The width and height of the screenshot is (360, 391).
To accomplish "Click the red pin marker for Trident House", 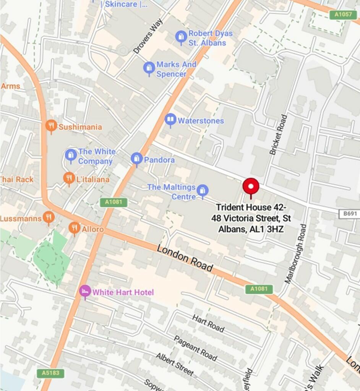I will pyautogui.click(x=251, y=186).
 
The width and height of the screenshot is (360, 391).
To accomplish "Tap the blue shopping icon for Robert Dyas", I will pyautogui.click(x=181, y=37).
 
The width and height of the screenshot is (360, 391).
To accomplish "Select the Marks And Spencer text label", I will pyautogui.click(x=176, y=69).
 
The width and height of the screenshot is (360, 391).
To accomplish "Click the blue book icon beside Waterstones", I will pyautogui.click(x=170, y=120).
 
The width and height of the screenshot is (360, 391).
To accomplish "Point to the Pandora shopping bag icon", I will pyautogui.click(x=136, y=158).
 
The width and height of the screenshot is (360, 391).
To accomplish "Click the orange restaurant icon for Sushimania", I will pyautogui.click(x=51, y=126).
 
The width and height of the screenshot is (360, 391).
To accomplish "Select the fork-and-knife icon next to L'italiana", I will pyautogui.click(x=69, y=178).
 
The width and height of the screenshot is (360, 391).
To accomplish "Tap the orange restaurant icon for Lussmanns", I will pyautogui.click(x=48, y=218).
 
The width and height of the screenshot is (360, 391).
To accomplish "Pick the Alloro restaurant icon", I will pyautogui.click(x=74, y=228).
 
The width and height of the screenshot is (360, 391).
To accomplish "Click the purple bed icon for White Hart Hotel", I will pyautogui.click(x=85, y=291).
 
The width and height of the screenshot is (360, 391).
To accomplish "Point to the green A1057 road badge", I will pyautogui.click(x=343, y=15).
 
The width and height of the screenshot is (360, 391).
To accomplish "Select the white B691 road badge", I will pyautogui.click(x=349, y=214).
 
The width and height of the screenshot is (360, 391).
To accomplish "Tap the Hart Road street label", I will pyautogui.click(x=208, y=323).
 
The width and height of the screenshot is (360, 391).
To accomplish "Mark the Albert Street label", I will pyautogui.click(x=174, y=364).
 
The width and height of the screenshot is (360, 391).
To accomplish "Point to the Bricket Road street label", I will pyautogui.click(x=278, y=135).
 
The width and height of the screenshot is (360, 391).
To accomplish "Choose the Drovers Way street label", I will pyautogui.click(x=148, y=36).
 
